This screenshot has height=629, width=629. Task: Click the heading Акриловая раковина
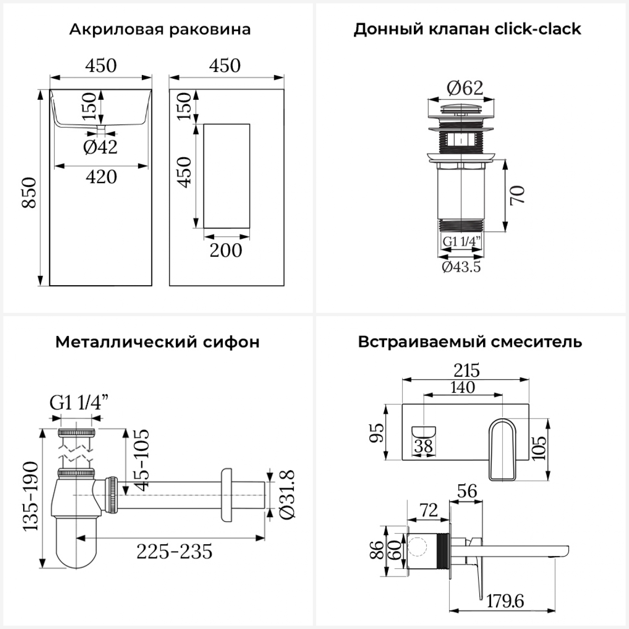(x=160, y=29)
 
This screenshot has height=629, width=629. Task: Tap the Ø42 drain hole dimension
(x=101, y=147)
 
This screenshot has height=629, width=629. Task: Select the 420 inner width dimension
(x=101, y=177)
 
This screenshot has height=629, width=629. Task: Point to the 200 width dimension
(x=226, y=251)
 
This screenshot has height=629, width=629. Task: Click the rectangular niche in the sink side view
(x=226, y=176)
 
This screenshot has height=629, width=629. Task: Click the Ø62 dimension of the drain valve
(x=465, y=88)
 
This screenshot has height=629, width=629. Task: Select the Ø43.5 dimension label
(x=461, y=267)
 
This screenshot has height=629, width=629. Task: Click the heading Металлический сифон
(x=157, y=342)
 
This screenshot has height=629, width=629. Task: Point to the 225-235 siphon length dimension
(x=174, y=552)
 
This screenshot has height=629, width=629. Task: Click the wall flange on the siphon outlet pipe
(x=226, y=495)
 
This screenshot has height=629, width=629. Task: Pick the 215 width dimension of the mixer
(x=466, y=371)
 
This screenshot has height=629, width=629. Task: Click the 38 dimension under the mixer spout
(x=424, y=447)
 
